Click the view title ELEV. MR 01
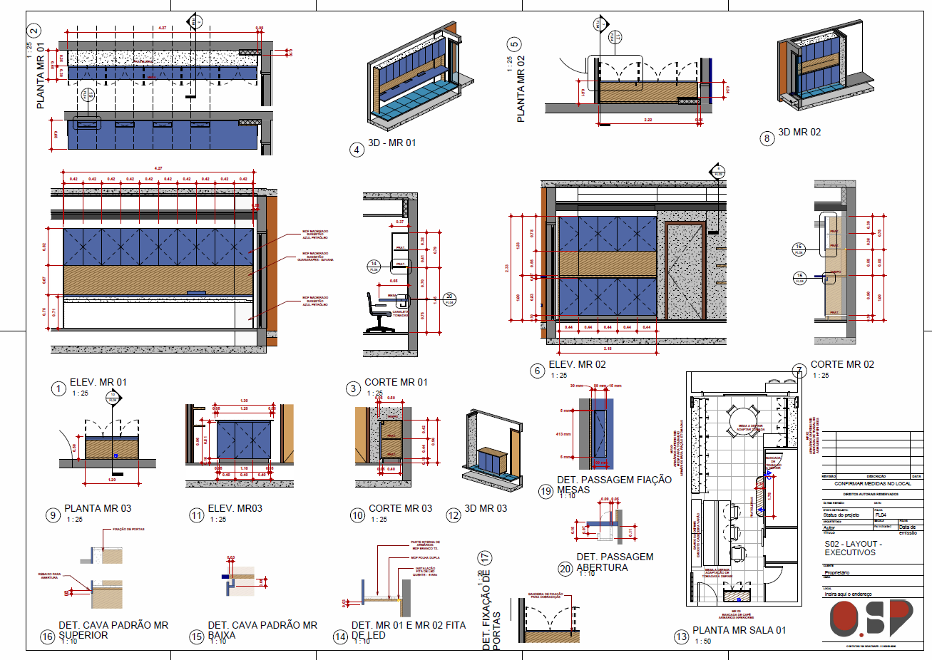[x=98, y=383]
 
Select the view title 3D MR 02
[x=799, y=133]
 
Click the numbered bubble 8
[x=767, y=138]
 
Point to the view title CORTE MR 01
[x=396, y=383]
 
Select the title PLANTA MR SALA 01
[x=739, y=630]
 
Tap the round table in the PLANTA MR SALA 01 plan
[x=742, y=418]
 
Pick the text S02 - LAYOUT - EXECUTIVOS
[x=853, y=548]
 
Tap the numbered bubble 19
[x=546, y=491]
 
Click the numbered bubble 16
[x=48, y=636]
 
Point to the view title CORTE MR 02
[x=841, y=365]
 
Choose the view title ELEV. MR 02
[x=577, y=365]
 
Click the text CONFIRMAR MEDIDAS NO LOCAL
[x=872, y=484]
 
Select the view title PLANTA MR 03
[x=98, y=509]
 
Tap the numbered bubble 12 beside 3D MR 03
[x=454, y=515]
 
